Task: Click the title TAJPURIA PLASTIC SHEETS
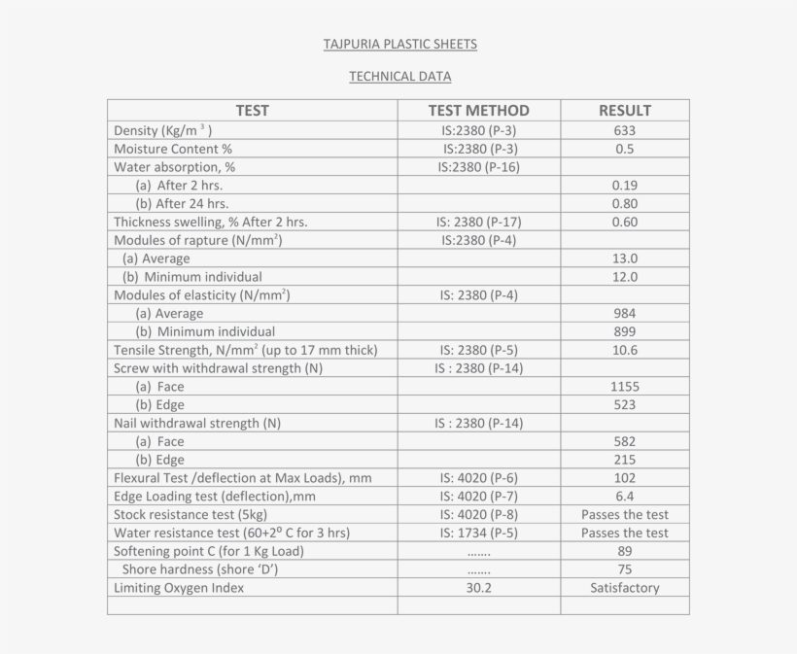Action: tap(399, 45)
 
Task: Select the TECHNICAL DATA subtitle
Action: tap(399, 77)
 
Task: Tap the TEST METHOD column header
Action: tap(478, 111)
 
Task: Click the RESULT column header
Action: tap(624, 111)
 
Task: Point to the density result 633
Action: tap(624, 130)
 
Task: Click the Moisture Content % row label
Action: tap(173, 149)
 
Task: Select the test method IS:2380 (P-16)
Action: tap(478, 167)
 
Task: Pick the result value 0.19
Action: tap(624, 186)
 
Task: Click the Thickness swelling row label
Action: tap(210, 222)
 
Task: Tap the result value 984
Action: tap(624, 313)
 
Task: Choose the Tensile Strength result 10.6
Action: tap(624, 350)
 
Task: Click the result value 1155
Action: tap(624, 387)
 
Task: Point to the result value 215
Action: tap(624, 460)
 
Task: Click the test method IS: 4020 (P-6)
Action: tap(478, 478)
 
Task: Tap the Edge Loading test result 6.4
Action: tap(624, 497)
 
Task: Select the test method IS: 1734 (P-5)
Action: tap(478, 533)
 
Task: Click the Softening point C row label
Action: tap(209, 551)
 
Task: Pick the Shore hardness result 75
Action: tap(624, 569)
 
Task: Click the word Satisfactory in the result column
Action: tap(624, 588)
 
